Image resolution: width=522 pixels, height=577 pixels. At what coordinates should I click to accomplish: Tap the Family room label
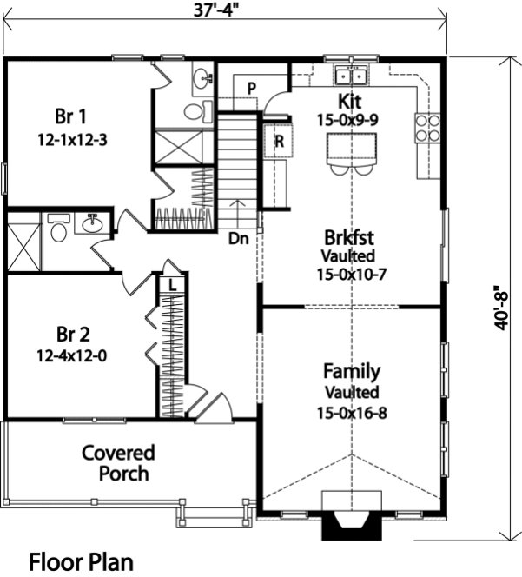(x=352, y=372)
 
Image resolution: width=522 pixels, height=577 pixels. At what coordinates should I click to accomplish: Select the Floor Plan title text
(x=82, y=561)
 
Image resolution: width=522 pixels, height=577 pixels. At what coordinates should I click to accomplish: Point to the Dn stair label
(x=241, y=236)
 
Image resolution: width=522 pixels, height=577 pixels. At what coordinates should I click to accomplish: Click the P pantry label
(x=251, y=88)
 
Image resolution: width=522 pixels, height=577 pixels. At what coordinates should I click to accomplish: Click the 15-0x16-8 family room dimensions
(x=352, y=412)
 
